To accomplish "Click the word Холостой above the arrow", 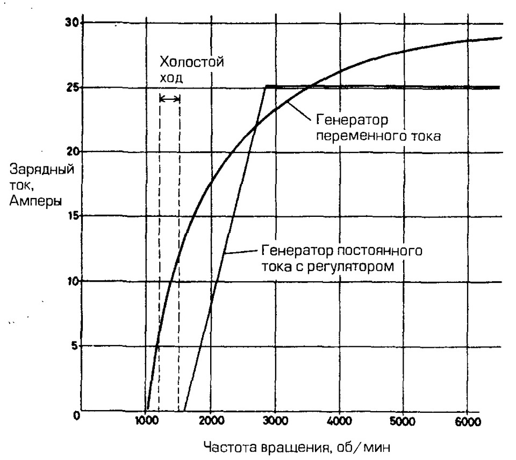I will [x=192, y=62].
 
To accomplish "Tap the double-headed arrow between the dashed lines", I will [x=170, y=98].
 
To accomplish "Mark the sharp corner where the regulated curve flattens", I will [x=266, y=86].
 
